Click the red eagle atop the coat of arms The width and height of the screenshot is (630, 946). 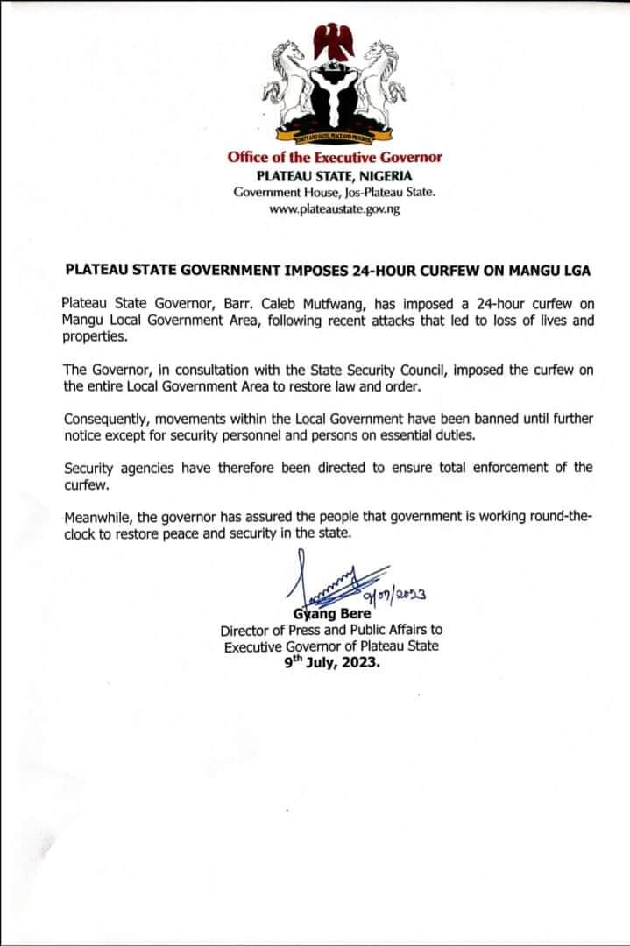[333, 39]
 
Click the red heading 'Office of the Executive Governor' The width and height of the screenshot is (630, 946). [334, 158]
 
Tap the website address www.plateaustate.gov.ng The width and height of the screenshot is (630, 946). [334, 210]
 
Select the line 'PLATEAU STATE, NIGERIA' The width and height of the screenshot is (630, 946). [334, 175]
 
